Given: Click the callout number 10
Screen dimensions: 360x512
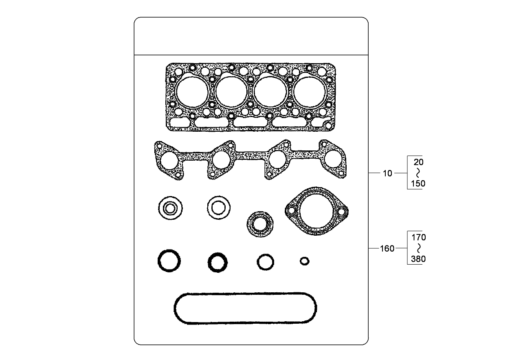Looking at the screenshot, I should click(x=387, y=173).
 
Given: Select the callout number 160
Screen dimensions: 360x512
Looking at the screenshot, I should click(x=387, y=248).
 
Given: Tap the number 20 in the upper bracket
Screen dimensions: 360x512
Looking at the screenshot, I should click(x=418, y=162).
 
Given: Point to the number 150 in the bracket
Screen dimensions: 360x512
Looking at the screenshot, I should click(x=418, y=183).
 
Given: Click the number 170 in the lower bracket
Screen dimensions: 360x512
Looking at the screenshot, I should click(x=418, y=237).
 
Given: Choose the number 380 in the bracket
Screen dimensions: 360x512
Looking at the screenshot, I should click(x=418, y=258).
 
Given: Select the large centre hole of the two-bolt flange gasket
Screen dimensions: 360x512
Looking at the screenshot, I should click(x=316, y=211).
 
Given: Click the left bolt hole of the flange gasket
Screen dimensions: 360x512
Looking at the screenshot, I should click(x=291, y=211).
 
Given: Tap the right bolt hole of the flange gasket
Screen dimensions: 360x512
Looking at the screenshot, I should click(x=342, y=211).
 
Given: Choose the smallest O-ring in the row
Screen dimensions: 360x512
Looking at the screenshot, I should click(x=304, y=261).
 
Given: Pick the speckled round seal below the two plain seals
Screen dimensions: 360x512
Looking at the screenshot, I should click(x=259, y=224).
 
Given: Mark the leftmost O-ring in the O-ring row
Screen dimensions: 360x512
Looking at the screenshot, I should click(x=169, y=261).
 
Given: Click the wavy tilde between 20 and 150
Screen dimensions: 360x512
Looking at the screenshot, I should click(x=418, y=173).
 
